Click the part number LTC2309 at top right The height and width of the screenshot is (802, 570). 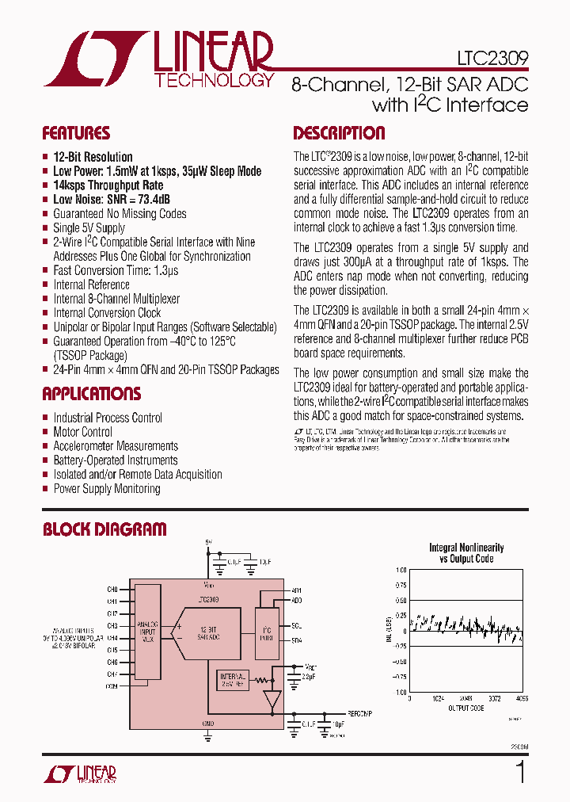point(492,59)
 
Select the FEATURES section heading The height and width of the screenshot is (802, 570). point(76,133)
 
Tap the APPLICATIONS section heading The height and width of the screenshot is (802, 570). point(92,394)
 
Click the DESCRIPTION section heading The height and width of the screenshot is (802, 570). point(339,133)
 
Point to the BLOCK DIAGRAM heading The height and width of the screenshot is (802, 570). point(104,529)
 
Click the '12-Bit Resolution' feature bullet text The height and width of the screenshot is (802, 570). point(93,157)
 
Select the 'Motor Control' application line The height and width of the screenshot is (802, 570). point(82,432)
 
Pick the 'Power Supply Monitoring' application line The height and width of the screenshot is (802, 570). point(106,489)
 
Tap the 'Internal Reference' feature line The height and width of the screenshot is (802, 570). point(91,285)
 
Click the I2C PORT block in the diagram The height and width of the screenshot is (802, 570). point(267,632)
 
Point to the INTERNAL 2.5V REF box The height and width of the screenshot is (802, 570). point(232,679)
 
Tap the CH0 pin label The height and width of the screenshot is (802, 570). point(112,590)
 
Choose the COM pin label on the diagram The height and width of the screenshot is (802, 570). point(112,686)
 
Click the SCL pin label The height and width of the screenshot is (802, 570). point(296,625)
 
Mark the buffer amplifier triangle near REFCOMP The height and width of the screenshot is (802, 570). point(272,700)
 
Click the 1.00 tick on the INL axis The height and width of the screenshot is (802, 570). point(401,571)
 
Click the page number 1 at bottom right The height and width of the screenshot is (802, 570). point(520,772)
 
